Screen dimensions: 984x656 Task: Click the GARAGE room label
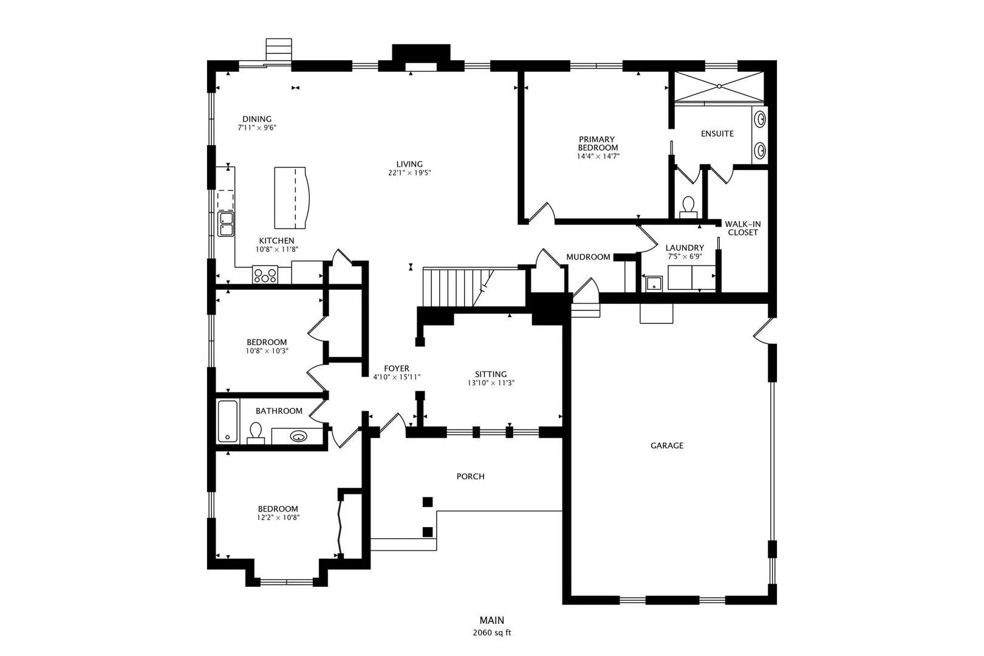click(x=667, y=446)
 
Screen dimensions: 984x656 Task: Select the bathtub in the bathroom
click(x=228, y=422)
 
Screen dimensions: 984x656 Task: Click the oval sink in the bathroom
click(x=299, y=436)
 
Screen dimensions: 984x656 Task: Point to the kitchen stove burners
click(x=265, y=275)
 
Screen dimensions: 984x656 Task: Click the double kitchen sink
click(x=226, y=224)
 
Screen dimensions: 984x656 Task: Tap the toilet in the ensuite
click(x=688, y=207)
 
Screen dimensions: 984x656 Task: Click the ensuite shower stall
click(x=719, y=87)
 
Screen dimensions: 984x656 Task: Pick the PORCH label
click(x=471, y=476)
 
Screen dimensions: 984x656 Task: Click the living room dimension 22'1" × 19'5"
click(x=409, y=173)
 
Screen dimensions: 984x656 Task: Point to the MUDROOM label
click(x=588, y=257)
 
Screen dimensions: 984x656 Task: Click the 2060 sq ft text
click(x=492, y=633)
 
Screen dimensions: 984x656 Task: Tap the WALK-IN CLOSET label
click(x=743, y=228)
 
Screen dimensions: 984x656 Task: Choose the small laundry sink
click(x=654, y=284)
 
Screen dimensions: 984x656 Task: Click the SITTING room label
click(x=491, y=374)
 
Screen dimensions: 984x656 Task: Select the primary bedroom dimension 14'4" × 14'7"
click(x=598, y=156)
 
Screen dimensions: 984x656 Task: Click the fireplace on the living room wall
click(x=421, y=58)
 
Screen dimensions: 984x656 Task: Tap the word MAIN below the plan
click(x=492, y=620)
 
